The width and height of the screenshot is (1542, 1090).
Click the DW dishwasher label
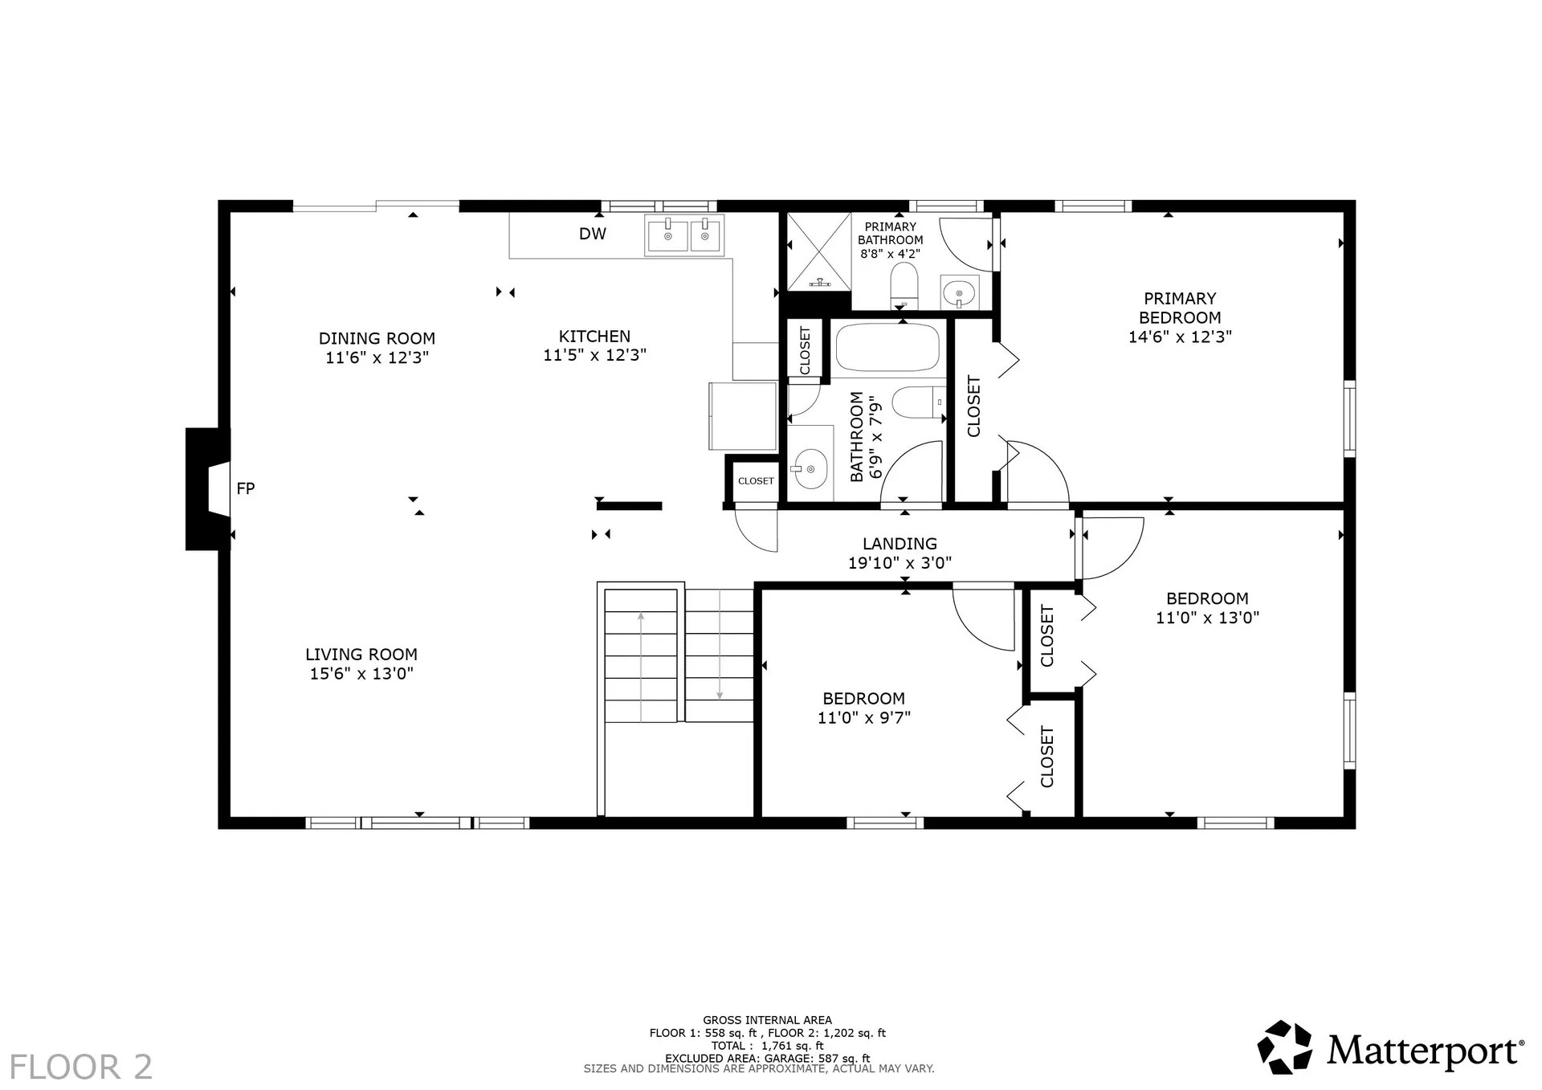(x=593, y=234)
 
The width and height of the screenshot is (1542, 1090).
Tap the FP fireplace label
(x=245, y=488)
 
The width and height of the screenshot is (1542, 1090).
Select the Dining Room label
(x=377, y=339)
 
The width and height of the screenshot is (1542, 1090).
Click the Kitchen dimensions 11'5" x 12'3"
(x=594, y=355)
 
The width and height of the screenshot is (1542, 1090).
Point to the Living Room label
(x=361, y=655)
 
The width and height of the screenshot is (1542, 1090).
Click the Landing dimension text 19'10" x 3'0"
(x=899, y=563)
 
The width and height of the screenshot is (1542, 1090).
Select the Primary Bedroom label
(x=1180, y=308)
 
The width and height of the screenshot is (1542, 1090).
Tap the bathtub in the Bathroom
(x=887, y=347)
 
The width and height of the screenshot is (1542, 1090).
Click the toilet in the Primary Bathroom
(x=904, y=285)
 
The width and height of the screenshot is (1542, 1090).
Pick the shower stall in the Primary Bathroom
(x=818, y=251)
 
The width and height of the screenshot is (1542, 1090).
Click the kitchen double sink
(x=684, y=235)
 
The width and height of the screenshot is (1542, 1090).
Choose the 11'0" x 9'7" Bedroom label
(x=863, y=708)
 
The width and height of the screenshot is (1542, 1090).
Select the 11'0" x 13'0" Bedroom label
(x=1207, y=608)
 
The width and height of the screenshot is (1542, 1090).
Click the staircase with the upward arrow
(x=641, y=655)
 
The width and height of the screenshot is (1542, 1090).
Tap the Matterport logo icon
(x=1284, y=1047)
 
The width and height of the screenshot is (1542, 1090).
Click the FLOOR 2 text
(x=80, y=1067)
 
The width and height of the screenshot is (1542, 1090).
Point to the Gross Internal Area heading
(x=767, y=1020)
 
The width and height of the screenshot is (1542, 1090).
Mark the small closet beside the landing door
(x=755, y=480)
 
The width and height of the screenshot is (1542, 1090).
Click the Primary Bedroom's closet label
(x=973, y=406)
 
